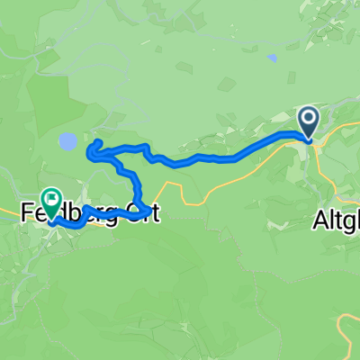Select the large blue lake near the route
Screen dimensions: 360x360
67,140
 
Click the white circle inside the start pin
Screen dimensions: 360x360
308,117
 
